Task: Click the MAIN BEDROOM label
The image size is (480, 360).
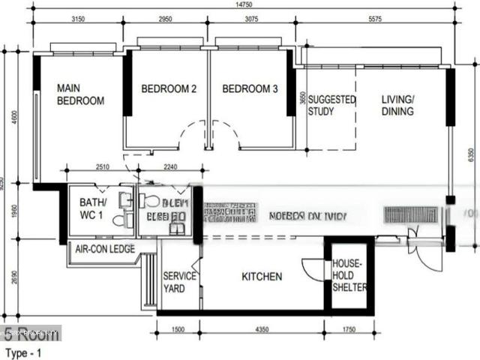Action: (80, 94)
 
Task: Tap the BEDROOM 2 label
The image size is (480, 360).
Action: (169, 88)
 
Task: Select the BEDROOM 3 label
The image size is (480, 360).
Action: (250, 88)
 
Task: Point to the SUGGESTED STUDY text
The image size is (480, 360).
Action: (331, 106)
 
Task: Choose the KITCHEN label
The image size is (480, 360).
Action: (262, 277)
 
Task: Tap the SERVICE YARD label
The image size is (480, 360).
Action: (180, 282)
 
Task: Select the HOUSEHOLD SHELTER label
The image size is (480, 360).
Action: (350, 276)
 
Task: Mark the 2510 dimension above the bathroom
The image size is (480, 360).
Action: (103, 168)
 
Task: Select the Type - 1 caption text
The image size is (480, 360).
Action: (23, 352)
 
